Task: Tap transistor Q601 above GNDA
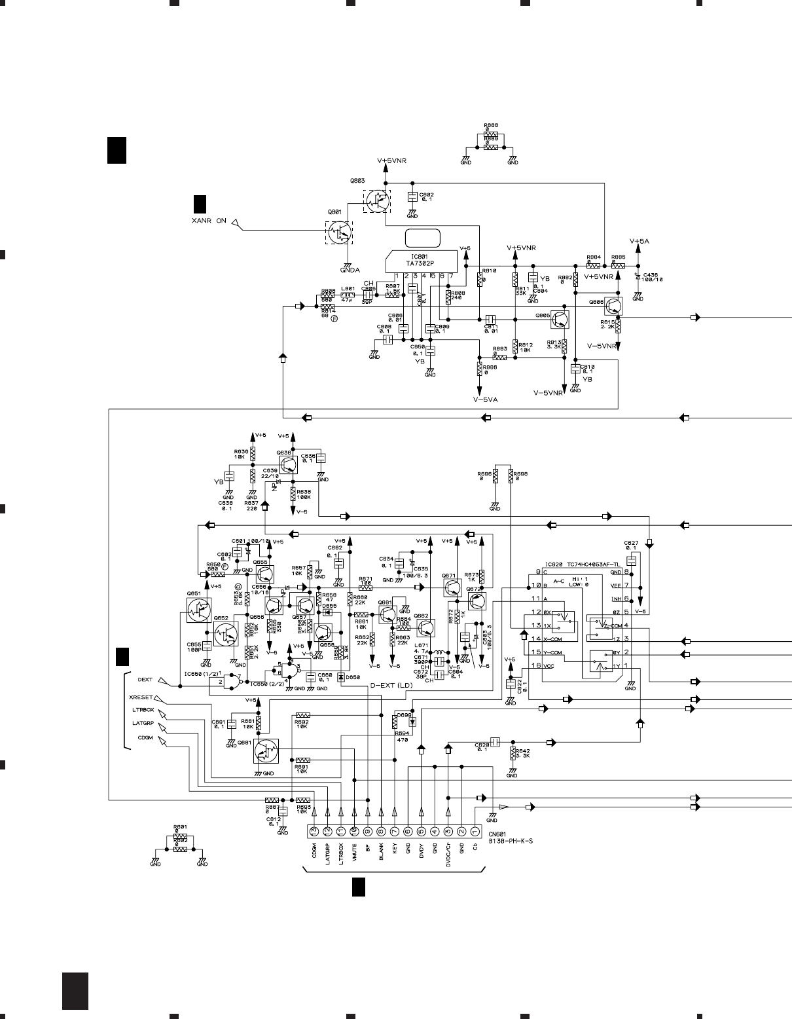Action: pyautogui.click(x=339, y=231)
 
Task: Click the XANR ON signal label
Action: pyautogui.click(x=209, y=221)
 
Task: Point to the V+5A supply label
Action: pyautogui.click(x=639, y=242)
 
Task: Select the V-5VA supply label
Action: pyautogui.click(x=486, y=398)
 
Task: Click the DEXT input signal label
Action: pyautogui.click(x=145, y=680)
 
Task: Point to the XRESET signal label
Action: pyautogui.click(x=141, y=697)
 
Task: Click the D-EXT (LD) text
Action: pyautogui.click(x=392, y=685)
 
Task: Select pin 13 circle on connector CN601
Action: pyautogui.click(x=314, y=831)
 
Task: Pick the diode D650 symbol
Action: pyautogui.click(x=340, y=677)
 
